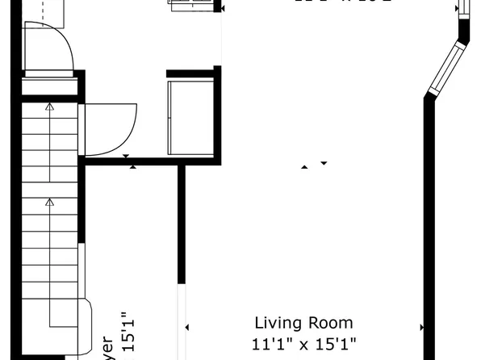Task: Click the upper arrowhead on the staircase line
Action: click(x=49, y=106)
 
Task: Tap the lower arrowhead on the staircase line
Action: click(x=49, y=203)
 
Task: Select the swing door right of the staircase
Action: click(x=110, y=129)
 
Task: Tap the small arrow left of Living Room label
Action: click(x=187, y=327)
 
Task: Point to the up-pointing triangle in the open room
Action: click(x=304, y=167)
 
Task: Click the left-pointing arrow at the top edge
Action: click(x=222, y=9)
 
